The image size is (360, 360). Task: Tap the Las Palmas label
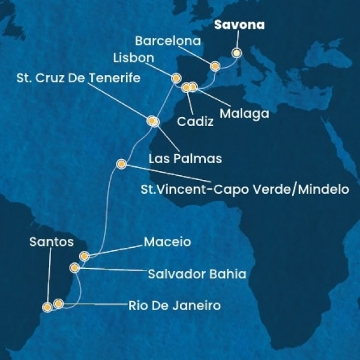pyautogui.click(x=185, y=159)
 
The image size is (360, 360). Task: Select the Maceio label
pyautogui.click(x=167, y=242)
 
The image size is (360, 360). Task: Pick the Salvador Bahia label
pyautogui.click(x=197, y=274)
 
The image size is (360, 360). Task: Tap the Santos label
pyautogui.click(x=51, y=242)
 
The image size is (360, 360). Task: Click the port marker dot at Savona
pyautogui.click(x=236, y=52)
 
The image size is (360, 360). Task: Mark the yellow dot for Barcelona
pyautogui.click(x=214, y=66)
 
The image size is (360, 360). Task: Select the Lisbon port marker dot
pyautogui.click(x=176, y=78)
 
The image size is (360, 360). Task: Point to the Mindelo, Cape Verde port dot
pyautogui.click(x=121, y=163)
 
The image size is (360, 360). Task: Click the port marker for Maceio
pyautogui.click(x=85, y=256)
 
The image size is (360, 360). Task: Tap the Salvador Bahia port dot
pyautogui.click(x=74, y=268)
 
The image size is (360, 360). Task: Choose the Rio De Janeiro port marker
pyautogui.click(x=58, y=304)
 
